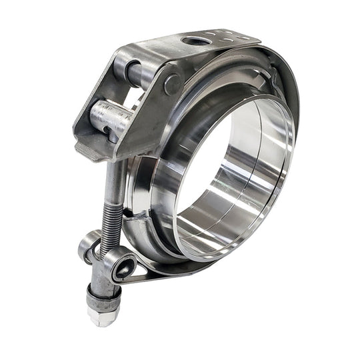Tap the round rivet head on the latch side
[x=172, y=84]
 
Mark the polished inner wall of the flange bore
[x=247, y=193]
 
